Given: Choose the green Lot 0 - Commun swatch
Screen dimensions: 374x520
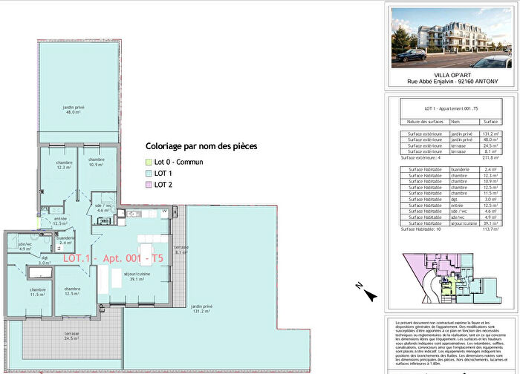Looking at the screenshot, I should click(x=147, y=162).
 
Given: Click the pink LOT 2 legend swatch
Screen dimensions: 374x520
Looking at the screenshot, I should click(x=147, y=184).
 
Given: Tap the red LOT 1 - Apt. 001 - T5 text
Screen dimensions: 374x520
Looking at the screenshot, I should click(x=113, y=257).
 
